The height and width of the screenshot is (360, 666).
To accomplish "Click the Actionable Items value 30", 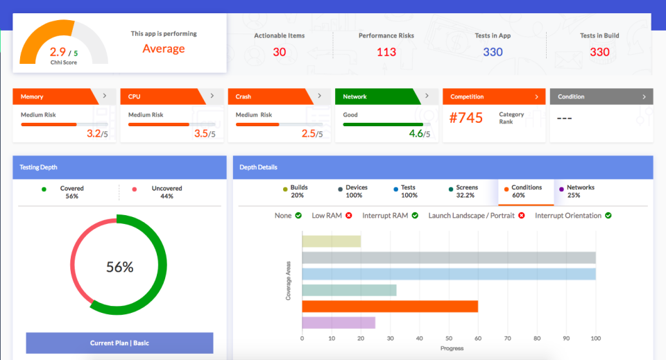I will coord(279,52).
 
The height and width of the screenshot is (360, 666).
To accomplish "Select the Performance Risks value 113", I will coord(386,52).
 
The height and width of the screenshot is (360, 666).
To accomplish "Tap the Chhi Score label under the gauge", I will coord(63,62).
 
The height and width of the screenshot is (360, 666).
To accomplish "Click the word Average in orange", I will coord(164,49).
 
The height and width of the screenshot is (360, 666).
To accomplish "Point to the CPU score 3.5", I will coord(201,133).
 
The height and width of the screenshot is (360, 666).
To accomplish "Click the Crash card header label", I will coord(244,97).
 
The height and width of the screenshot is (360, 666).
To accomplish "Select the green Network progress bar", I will coord(383,124).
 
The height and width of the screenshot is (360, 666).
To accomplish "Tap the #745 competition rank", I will coord(466,118).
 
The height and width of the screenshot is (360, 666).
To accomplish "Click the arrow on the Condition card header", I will coord(644,96).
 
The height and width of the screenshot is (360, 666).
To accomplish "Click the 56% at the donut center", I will coord(119,267).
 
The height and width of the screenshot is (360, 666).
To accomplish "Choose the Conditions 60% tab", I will coord(527,191).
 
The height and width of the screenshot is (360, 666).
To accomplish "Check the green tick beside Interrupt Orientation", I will coord(608,216).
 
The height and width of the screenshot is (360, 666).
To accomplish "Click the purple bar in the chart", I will coord(339,323).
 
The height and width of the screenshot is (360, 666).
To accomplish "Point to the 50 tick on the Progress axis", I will coord(449,338).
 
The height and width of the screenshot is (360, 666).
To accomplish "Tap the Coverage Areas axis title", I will coord(288,281).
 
